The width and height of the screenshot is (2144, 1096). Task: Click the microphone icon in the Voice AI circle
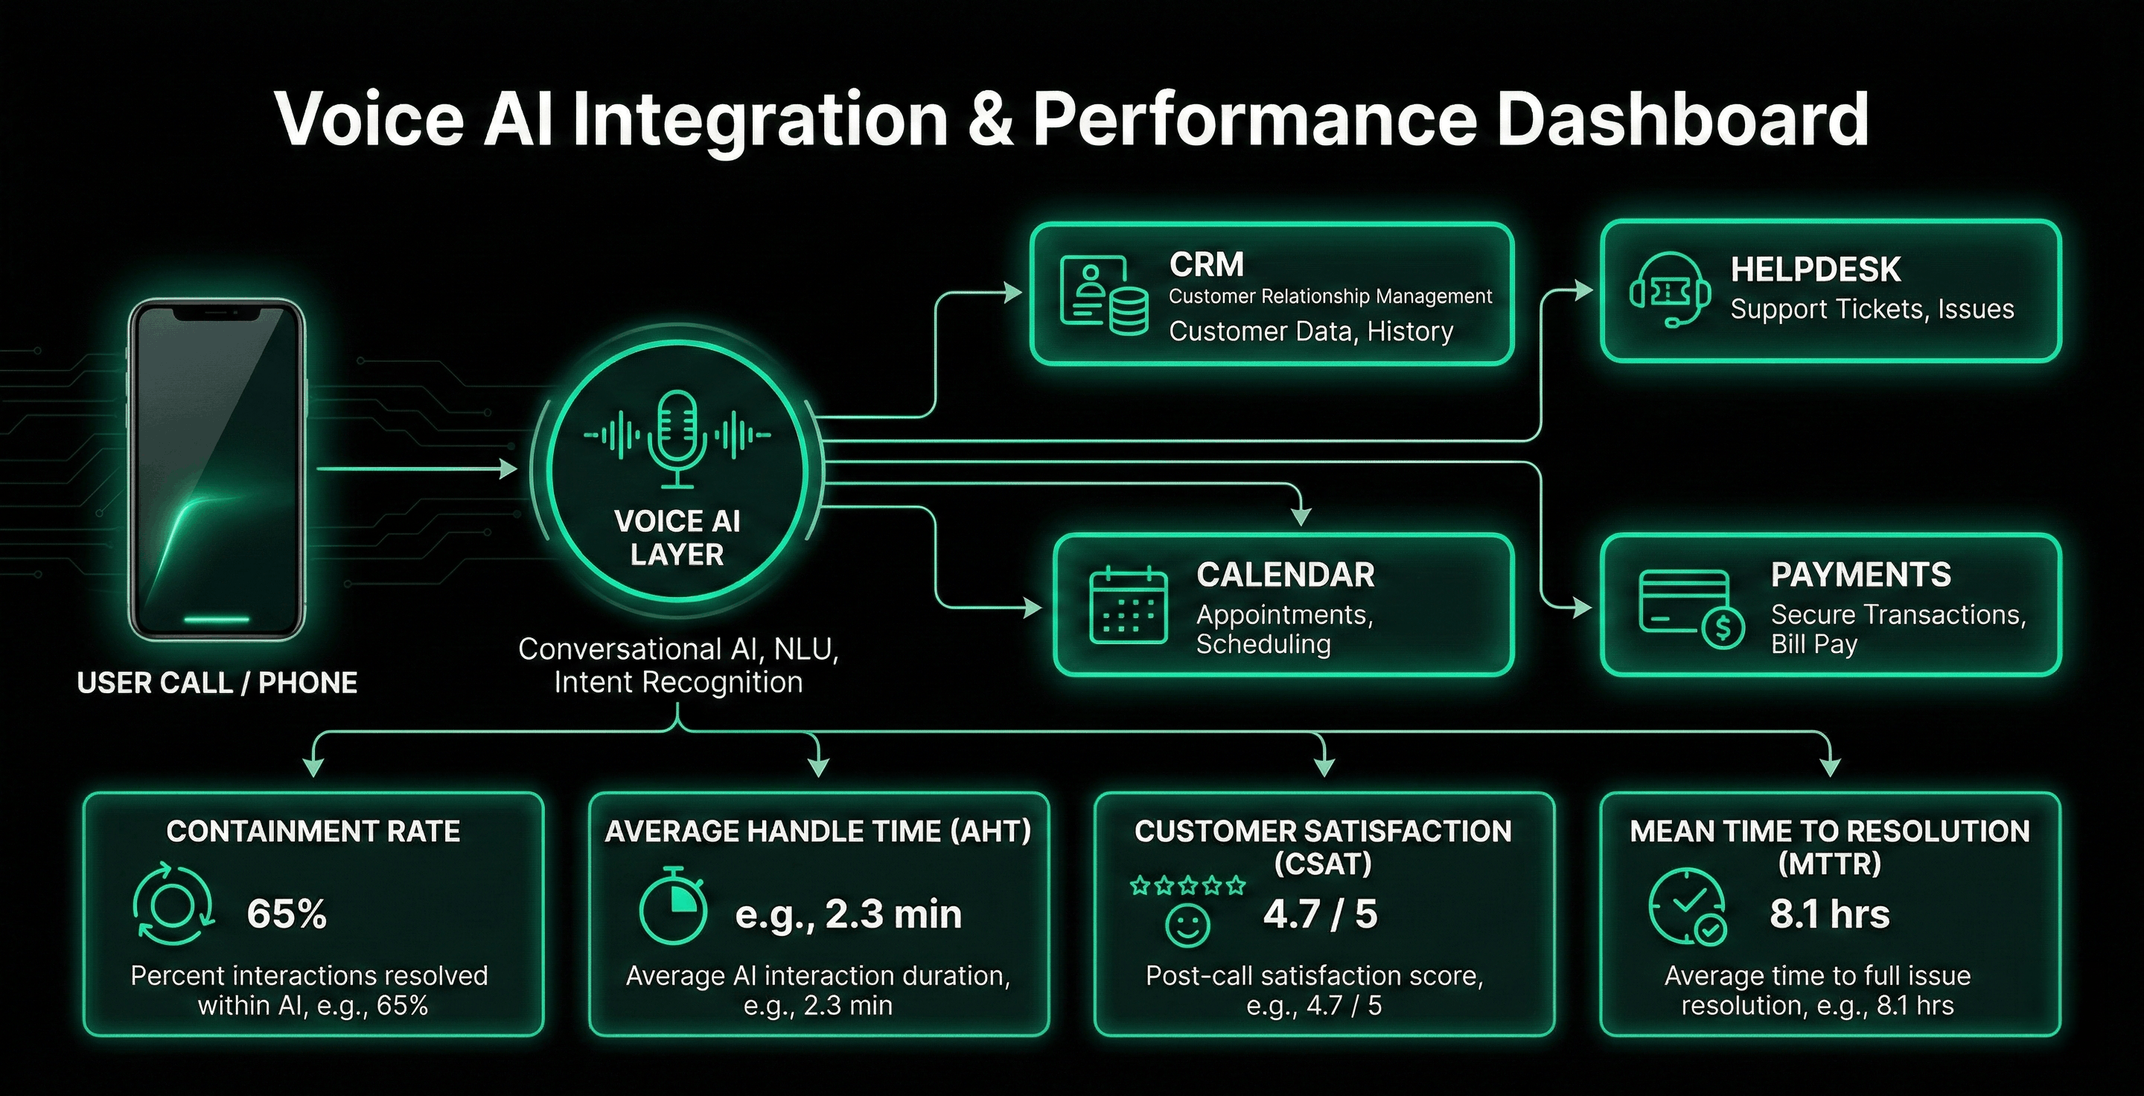677,436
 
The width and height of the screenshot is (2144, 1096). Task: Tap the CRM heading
1206,264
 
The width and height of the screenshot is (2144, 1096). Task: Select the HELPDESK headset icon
1670,290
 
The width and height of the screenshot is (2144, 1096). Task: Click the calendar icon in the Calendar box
1128,605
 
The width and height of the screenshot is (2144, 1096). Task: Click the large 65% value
287,914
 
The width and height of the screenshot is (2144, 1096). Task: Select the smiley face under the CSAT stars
1187,925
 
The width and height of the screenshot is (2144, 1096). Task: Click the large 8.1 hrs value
1829,914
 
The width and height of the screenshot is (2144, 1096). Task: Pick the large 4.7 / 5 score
1320,914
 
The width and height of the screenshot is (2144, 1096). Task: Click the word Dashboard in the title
1683,119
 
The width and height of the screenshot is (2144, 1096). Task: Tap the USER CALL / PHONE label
217,684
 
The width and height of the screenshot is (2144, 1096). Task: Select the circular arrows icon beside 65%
173,905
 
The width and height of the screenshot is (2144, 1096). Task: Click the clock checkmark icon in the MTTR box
1687,907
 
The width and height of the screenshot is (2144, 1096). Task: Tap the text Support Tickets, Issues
1872,309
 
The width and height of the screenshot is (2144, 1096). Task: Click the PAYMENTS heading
1860,574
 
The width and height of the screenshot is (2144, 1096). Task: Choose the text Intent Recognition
678,683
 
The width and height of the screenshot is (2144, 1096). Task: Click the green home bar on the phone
217,619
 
